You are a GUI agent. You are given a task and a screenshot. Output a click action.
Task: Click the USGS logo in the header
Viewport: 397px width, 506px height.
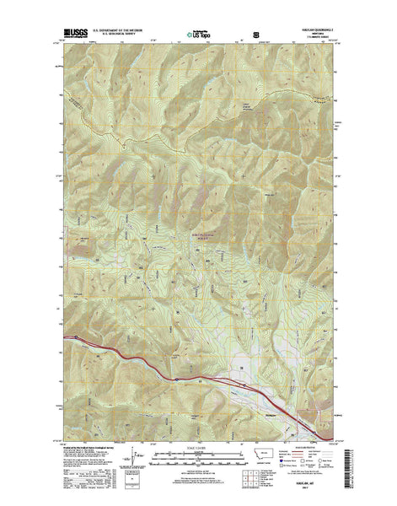click(x=73, y=36)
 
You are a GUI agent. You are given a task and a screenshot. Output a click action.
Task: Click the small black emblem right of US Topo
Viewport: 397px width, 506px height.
click(x=244, y=36)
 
